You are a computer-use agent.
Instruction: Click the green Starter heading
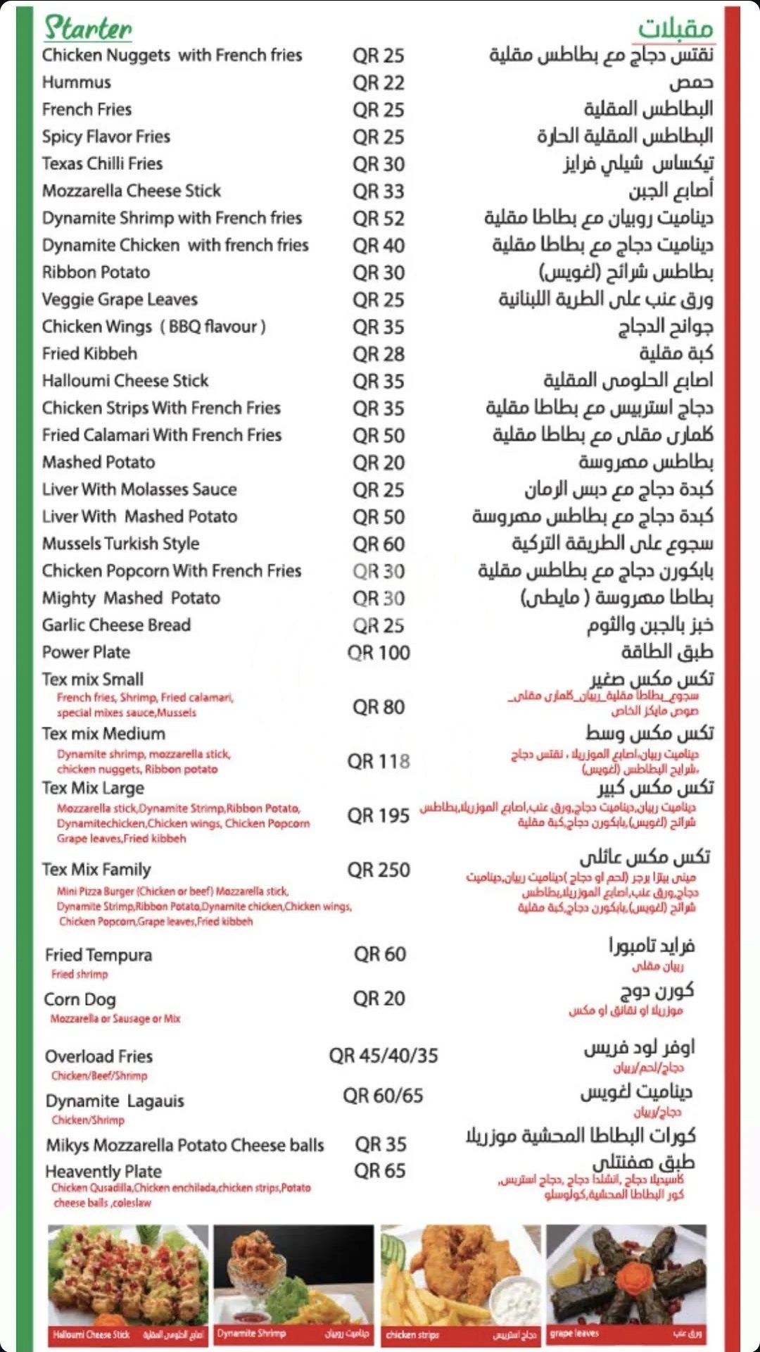click(88, 28)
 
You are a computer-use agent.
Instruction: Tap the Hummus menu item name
click(77, 82)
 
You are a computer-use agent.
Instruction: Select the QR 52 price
click(379, 218)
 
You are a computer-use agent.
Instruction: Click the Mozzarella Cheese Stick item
click(132, 191)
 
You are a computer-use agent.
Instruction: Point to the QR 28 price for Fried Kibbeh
click(379, 354)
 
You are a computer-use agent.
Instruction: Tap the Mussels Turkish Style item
click(120, 544)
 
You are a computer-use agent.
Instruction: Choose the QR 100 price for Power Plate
click(379, 653)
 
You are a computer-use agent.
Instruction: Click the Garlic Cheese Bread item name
click(116, 625)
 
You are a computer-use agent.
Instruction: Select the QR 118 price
click(379, 761)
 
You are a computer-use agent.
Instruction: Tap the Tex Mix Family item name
click(96, 870)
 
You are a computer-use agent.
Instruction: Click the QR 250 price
click(379, 870)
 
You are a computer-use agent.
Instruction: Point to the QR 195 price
click(379, 815)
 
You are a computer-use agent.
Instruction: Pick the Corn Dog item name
click(80, 999)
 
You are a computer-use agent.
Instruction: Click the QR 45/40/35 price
click(384, 1056)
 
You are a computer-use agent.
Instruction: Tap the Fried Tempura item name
click(99, 955)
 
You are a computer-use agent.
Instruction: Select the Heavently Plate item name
click(103, 1172)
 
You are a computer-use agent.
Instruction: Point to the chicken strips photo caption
click(412, 1334)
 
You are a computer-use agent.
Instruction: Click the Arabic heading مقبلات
click(676, 28)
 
